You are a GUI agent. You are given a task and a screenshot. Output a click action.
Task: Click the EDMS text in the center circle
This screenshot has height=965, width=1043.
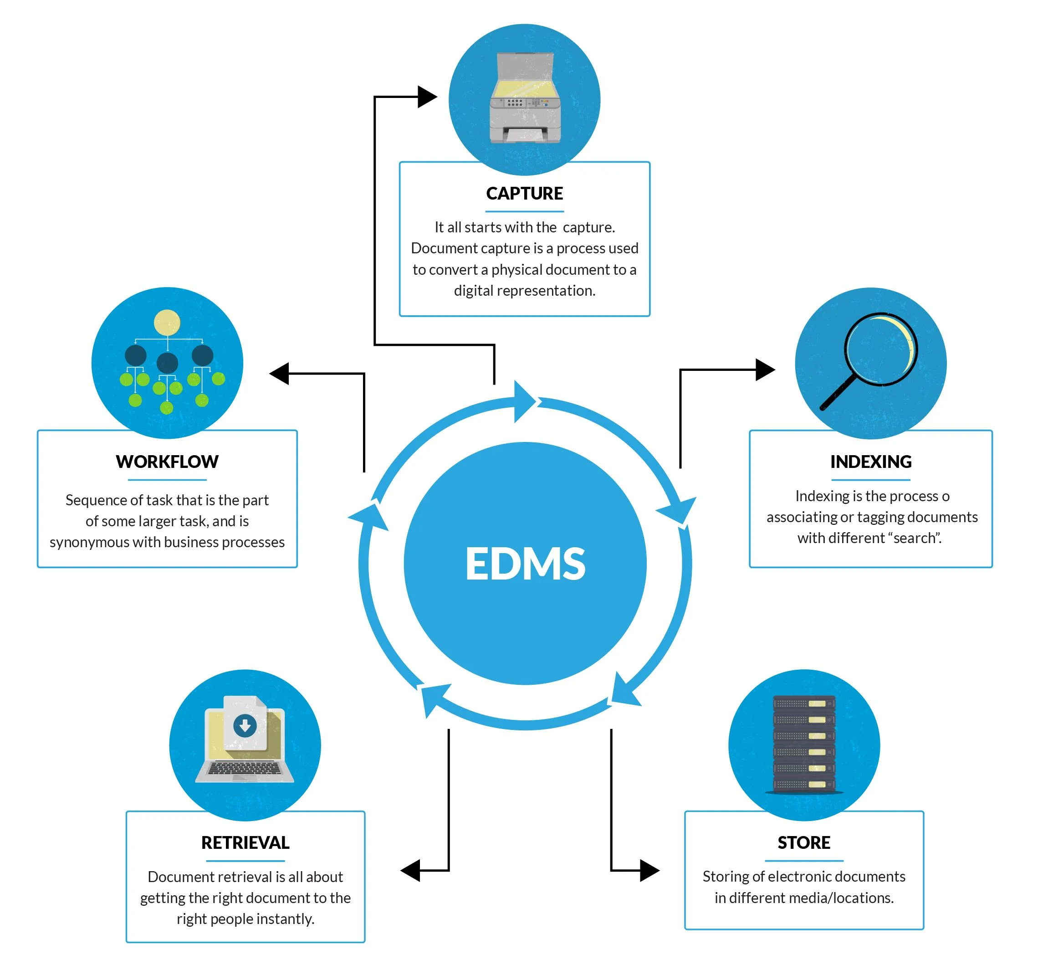(525, 564)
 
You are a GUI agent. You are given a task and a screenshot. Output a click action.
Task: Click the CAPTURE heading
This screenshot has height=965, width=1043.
(524, 194)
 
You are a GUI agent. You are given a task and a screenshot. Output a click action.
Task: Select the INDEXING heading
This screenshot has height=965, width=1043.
(870, 462)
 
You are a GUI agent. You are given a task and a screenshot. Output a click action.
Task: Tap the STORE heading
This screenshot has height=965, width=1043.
(803, 843)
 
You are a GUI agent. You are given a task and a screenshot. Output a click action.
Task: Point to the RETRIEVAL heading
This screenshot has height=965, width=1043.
(245, 843)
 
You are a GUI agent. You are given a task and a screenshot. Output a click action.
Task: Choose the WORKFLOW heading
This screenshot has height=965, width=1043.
(167, 462)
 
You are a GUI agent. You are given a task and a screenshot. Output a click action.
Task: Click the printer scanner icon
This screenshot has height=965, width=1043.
(525, 99)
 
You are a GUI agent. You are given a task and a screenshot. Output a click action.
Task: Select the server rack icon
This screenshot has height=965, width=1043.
(804, 744)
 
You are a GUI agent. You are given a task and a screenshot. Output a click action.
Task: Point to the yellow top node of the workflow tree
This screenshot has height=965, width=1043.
(167, 322)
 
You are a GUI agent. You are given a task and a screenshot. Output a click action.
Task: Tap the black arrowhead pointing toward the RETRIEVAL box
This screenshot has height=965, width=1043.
(411, 871)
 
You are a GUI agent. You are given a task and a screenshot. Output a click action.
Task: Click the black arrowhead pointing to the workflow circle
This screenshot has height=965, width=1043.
(280, 373)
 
